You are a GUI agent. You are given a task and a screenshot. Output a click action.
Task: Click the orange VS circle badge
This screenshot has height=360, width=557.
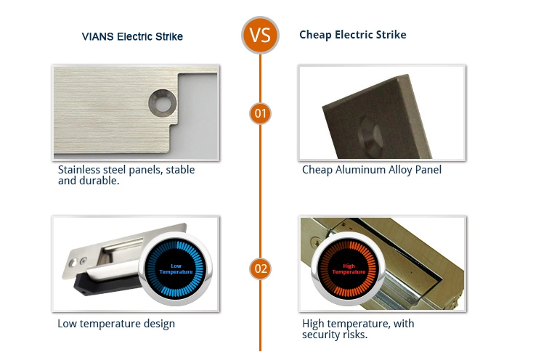[x=260, y=35]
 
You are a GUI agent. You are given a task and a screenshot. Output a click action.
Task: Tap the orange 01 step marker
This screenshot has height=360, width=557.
[x=260, y=113]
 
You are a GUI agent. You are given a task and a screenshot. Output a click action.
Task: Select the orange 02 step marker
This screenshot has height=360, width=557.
[x=260, y=269]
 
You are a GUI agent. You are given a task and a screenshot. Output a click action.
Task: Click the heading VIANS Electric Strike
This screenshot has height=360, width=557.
[x=132, y=36]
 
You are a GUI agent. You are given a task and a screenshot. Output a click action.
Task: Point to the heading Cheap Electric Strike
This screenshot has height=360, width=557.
[x=353, y=35]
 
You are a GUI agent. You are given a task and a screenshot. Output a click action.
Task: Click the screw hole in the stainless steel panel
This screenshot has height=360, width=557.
[x=163, y=103]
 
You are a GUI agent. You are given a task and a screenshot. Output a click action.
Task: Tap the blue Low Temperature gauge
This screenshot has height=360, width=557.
[x=176, y=269]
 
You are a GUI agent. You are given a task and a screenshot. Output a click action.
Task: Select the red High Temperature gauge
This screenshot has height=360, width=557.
[x=349, y=269]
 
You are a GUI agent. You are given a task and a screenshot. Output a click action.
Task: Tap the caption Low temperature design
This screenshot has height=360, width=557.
[x=116, y=324]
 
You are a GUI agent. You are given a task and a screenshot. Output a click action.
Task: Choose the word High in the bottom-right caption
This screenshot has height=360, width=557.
[x=313, y=324]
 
